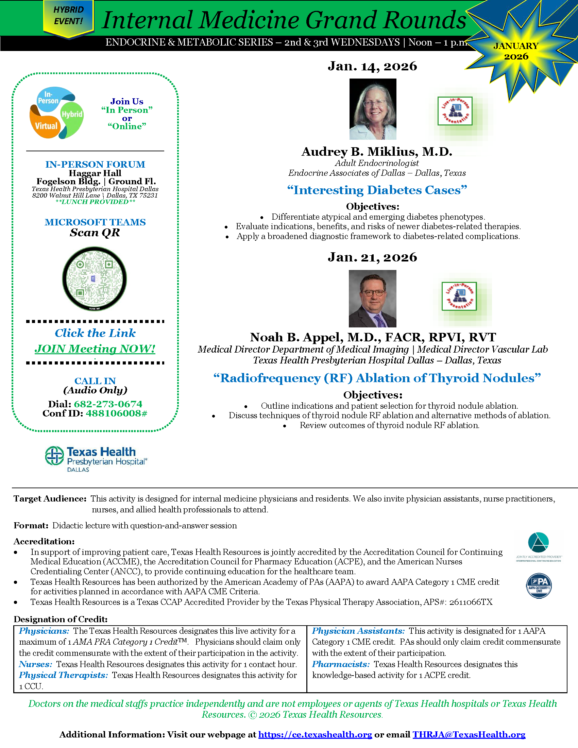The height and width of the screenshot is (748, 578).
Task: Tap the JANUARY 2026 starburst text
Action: click(x=516, y=51)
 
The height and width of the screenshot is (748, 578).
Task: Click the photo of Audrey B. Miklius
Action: click(x=373, y=109)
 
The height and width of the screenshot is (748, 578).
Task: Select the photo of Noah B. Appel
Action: click(x=372, y=298)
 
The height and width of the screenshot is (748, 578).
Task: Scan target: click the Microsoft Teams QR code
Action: click(x=95, y=279)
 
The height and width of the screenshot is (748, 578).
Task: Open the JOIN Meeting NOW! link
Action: click(x=95, y=348)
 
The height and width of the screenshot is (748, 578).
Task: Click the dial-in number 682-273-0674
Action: click(x=108, y=404)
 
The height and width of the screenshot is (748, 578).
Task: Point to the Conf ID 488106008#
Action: click(x=116, y=413)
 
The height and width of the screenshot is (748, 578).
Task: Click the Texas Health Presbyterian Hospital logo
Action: click(x=96, y=459)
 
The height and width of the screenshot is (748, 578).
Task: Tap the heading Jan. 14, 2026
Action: click(x=372, y=66)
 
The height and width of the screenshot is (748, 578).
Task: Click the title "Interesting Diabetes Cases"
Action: click(x=377, y=190)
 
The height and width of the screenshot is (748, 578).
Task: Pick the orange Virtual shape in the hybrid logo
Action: click(x=44, y=125)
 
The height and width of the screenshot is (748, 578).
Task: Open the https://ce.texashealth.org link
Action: click(x=315, y=734)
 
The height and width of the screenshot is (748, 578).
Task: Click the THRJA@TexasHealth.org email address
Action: click(x=469, y=734)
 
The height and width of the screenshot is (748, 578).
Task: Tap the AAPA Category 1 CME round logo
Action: click(x=539, y=586)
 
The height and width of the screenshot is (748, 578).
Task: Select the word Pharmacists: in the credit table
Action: click(x=341, y=664)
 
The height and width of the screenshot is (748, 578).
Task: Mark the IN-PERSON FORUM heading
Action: click(x=95, y=165)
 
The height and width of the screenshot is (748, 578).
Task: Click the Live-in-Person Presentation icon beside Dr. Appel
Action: click(x=459, y=296)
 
